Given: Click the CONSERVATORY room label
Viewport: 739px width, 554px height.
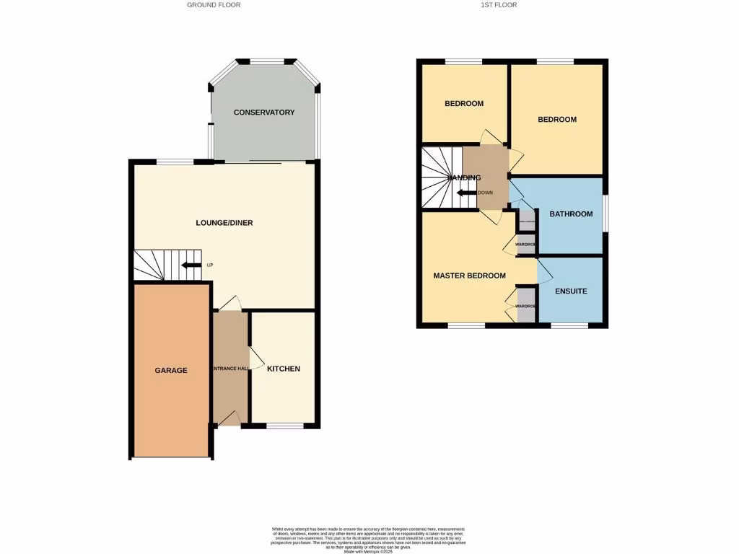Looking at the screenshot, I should [x=264, y=113].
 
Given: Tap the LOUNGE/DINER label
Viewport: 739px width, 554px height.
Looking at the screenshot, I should [x=224, y=223].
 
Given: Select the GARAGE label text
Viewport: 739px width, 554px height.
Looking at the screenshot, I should [x=171, y=370].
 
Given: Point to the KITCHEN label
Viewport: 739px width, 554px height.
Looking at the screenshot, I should [x=284, y=369].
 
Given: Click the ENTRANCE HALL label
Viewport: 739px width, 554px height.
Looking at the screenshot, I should [x=229, y=369].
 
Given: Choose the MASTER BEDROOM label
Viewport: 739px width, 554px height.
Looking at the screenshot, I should [x=469, y=276].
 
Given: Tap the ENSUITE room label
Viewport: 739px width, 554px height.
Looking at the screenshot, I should [x=571, y=291].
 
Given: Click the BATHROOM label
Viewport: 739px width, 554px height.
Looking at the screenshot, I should [x=571, y=214].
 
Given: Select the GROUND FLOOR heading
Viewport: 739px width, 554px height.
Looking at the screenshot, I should [x=214, y=5].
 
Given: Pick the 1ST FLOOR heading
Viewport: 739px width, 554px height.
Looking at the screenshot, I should [x=499, y=5].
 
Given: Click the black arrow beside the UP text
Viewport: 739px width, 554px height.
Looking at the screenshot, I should [x=191, y=265].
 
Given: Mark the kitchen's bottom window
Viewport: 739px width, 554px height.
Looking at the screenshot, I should [x=285, y=426].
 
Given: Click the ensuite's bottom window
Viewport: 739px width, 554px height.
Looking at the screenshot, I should [x=569, y=326].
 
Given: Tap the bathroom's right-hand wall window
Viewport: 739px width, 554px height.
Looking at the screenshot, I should [x=605, y=214].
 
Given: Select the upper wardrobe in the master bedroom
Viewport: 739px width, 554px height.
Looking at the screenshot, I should [x=526, y=245].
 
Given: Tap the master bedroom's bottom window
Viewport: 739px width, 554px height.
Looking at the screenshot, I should [x=465, y=326].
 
